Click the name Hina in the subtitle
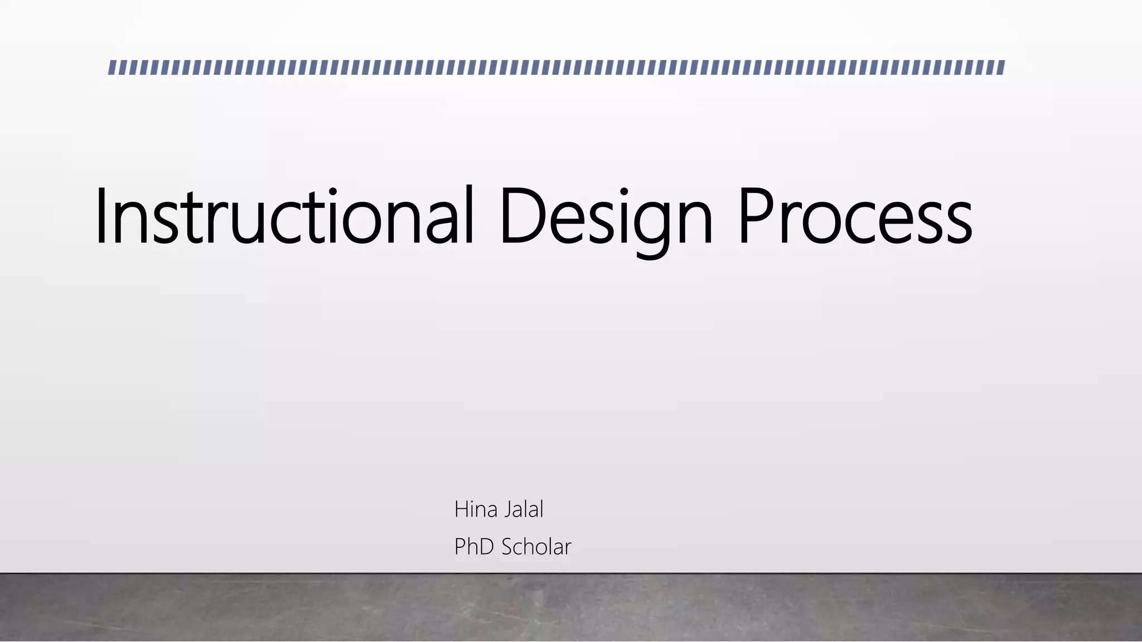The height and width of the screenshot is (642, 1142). [x=476, y=509]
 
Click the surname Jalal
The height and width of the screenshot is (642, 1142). [x=524, y=509]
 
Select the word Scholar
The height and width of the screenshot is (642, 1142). [x=536, y=547]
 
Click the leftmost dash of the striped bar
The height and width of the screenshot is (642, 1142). [x=112, y=67]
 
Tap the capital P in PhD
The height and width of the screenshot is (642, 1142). [x=459, y=547]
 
